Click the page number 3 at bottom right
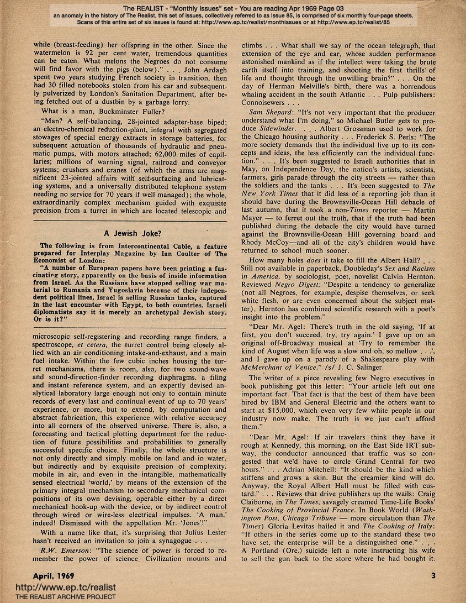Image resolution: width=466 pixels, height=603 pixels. click(433, 575)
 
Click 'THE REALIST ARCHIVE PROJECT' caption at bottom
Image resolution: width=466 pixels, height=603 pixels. click(58, 597)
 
